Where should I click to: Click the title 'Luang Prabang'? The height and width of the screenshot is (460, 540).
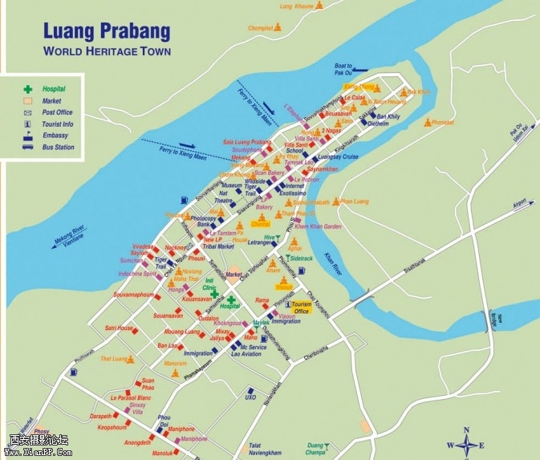pos(106,31)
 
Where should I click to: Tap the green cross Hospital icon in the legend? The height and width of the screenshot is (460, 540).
pos(27,88)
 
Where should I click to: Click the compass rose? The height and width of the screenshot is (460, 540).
pos(465,444)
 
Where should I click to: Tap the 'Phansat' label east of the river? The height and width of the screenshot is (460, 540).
pos(442,123)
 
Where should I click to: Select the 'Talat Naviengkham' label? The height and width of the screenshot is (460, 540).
pos(265,449)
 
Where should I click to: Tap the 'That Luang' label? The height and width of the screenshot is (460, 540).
pos(114,359)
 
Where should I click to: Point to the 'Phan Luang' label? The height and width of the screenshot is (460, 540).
pos(355,202)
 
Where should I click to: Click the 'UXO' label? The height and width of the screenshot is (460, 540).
pos(250,397)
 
